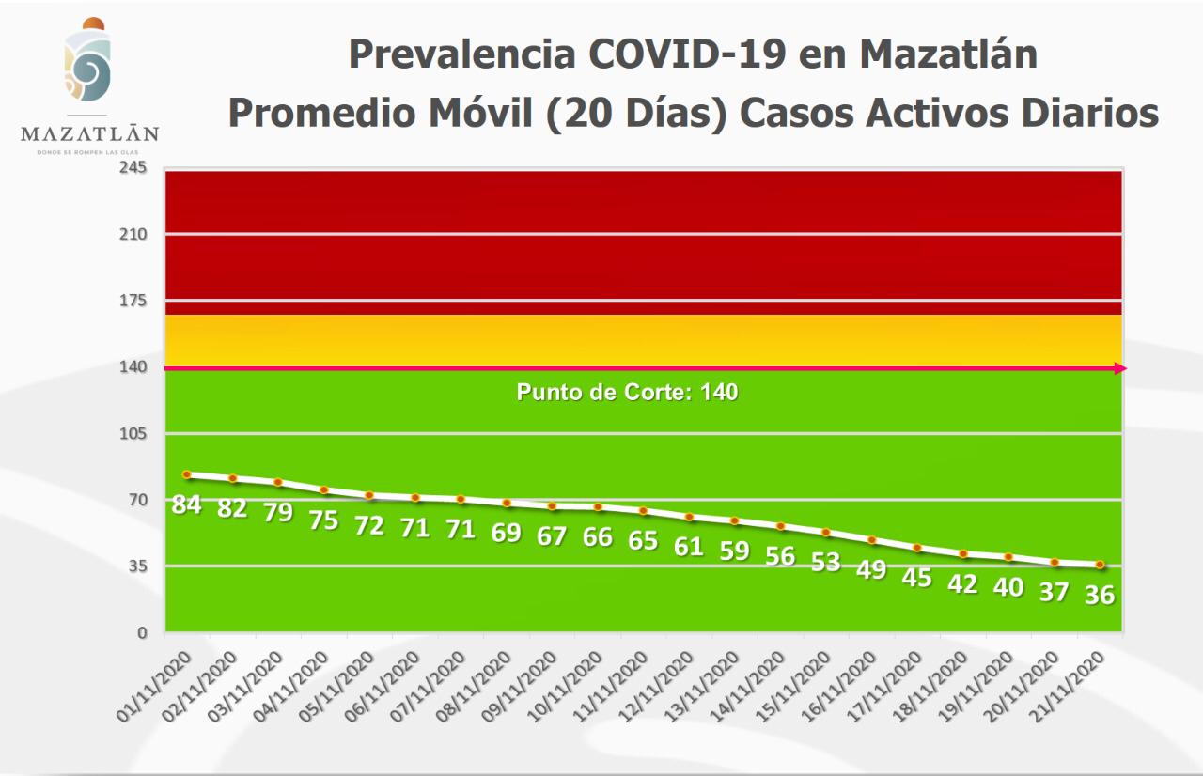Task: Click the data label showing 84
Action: point(186,504)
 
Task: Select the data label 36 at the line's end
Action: point(1099,595)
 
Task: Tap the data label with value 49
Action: point(870,569)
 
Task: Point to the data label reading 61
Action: point(689,546)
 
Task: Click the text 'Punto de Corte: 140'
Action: point(627,393)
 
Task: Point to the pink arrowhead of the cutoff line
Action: point(1120,368)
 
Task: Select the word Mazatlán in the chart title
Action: point(948,54)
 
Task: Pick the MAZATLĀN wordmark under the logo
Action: point(89,134)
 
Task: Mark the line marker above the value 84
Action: point(187,474)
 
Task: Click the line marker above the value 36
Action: point(1100,565)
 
